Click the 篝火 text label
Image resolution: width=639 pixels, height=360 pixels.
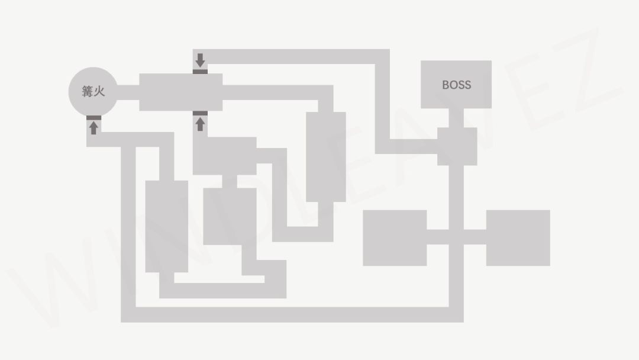tap(93, 91)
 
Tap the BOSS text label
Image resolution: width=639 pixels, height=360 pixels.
tap(456, 85)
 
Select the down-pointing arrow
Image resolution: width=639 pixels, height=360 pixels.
tap(200, 60)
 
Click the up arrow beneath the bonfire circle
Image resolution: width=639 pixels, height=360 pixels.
tap(93, 128)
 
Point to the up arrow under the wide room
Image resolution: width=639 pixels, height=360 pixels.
tap(200, 124)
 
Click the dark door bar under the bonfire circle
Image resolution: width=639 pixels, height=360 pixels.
tap(93, 118)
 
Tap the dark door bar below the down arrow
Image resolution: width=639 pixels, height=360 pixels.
tap(200, 72)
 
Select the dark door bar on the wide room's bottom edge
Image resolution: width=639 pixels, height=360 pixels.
tap(200, 113)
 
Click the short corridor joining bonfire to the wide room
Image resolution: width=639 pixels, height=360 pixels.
tap(128, 92)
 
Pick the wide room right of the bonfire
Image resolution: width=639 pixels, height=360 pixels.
tap(181, 92)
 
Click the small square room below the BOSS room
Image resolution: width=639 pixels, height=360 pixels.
tap(457, 146)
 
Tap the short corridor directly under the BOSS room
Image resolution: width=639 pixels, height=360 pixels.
tap(456, 118)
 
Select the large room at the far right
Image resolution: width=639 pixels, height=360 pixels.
tap(518, 237)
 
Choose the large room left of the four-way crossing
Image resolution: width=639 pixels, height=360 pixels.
tap(395, 237)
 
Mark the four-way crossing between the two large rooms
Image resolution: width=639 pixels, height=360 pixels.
tap(456, 237)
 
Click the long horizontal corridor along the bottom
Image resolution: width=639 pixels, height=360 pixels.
tap(292, 315)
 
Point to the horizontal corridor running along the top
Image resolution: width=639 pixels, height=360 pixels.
tap(291, 57)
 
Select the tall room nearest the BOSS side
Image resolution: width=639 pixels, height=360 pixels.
tap(326, 157)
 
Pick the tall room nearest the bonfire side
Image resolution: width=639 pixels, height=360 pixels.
tap(167, 226)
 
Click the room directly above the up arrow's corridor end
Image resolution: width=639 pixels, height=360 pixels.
tap(181, 92)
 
